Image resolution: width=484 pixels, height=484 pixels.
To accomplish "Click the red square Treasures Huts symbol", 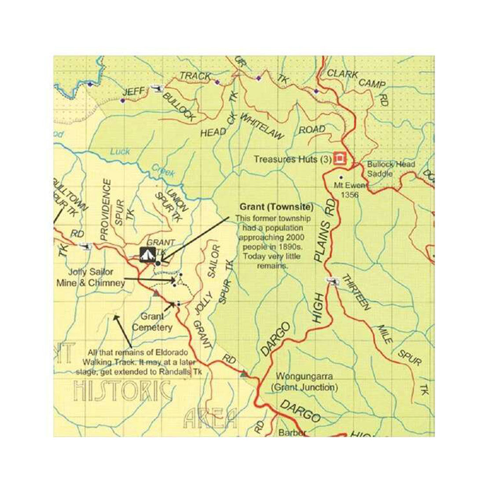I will point(339,158).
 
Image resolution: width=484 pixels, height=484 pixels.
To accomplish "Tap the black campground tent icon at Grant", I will point(146,254).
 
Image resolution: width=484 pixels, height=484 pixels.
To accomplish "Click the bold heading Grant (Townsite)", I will point(276,207).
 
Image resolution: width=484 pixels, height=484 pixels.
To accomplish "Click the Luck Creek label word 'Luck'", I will point(120,152).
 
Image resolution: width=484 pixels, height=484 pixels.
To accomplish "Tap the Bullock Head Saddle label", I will point(391,169).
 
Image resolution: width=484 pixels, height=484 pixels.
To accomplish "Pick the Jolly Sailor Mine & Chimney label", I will point(91,278).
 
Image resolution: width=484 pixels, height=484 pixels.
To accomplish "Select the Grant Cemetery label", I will point(152,322).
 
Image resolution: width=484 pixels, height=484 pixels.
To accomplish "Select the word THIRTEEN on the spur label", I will point(356,292).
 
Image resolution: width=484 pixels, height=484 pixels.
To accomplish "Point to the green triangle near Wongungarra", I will point(244,374).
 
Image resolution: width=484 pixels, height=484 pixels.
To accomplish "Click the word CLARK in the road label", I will point(342,74).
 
